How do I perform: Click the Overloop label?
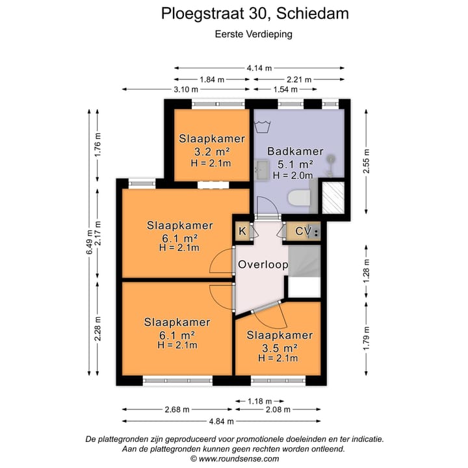click(263, 265)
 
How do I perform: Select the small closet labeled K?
click(242, 231)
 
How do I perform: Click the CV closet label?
click(302, 231)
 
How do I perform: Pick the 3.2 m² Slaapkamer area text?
click(212, 151)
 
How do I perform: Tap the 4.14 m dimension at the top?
click(259, 68)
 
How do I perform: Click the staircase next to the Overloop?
click(304, 264)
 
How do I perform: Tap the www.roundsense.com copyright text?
click(236, 458)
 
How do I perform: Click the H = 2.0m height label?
click(293, 175)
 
